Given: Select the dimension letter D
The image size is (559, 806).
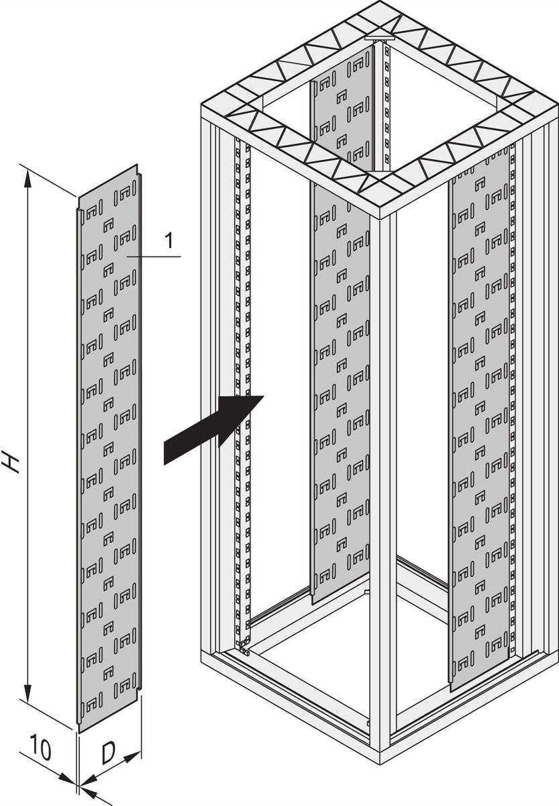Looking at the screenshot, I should (x=109, y=754).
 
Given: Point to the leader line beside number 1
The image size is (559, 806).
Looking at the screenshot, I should (x=153, y=257).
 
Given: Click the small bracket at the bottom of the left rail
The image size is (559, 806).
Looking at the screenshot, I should (x=244, y=649).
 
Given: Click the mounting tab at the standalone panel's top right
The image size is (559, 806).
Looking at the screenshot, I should (x=140, y=178).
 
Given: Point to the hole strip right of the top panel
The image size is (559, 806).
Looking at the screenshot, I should (x=387, y=107).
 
